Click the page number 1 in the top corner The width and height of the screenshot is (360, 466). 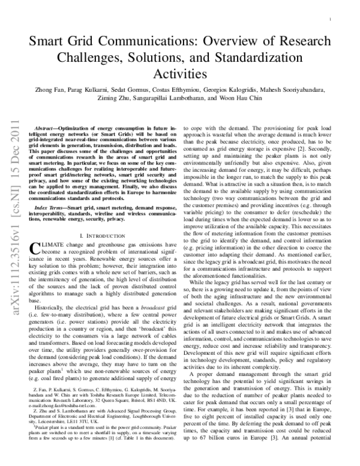click(x=331, y=20)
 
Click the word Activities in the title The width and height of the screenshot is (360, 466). click(x=179, y=73)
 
